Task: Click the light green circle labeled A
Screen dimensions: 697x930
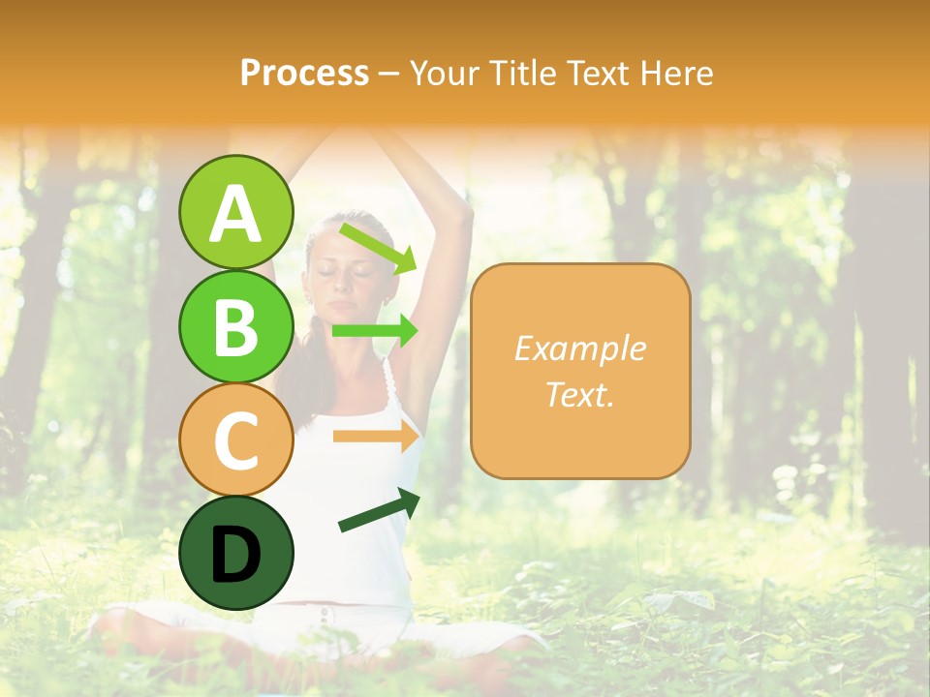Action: (x=235, y=212)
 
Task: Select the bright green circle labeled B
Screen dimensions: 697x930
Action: (x=235, y=326)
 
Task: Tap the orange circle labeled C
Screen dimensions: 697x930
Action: (x=235, y=439)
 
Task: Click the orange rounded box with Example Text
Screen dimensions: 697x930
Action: (x=580, y=372)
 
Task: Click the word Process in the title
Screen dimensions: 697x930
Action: (x=304, y=73)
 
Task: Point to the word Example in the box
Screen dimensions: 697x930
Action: (x=580, y=348)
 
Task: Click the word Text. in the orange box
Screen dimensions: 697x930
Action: (x=580, y=395)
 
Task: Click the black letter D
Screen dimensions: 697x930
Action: (x=235, y=554)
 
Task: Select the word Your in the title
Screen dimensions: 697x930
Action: (x=443, y=73)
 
